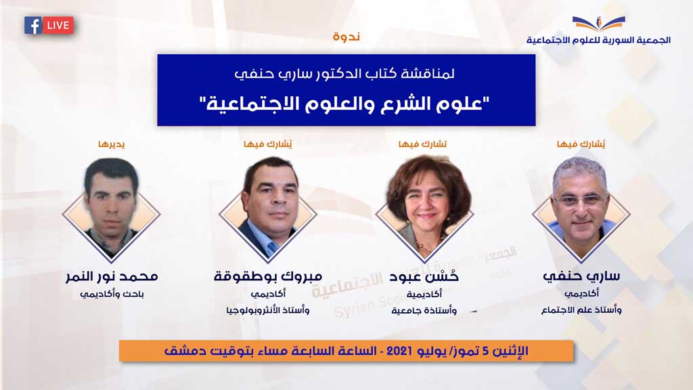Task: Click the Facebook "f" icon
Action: pyautogui.click(x=32, y=26)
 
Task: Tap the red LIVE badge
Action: pyautogui.click(x=58, y=26)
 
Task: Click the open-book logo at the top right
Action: pyautogui.click(x=599, y=23)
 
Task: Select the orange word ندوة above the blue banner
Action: pyautogui.click(x=346, y=37)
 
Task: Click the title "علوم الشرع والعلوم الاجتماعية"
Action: pyautogui.click(x=346, y=104)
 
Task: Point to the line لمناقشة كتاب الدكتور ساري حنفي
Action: pyautogui.click(x=344, y=73)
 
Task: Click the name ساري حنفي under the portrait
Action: pyautogui.click(x=581, y=276)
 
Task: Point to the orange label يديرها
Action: pyautogui.click(x=112, y=144)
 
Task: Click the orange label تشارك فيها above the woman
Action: pyautogui.click(x=423, y=144)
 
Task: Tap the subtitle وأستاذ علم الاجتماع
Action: pyautogui.click(x=581, y=310)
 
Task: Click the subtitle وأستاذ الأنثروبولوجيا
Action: pyautogui.click(x=268, y=310)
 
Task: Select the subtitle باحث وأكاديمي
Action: pyautogui.click(x=112, y=295)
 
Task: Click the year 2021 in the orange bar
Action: pyautogui.click(x=399, y=351)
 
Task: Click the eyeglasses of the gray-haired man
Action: pyautogui.click(x=580, y=200)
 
